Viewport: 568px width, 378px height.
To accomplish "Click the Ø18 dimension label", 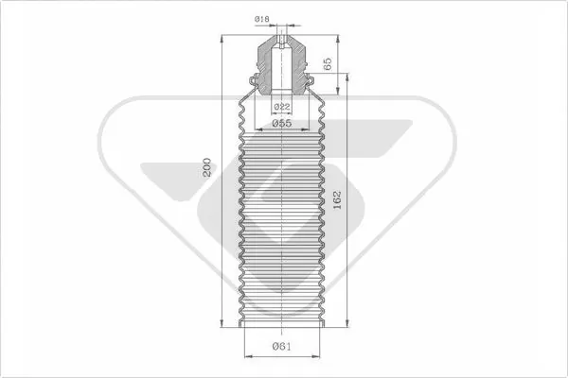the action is (x=261, y=19).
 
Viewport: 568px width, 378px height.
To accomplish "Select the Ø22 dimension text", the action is (x=282, y=107).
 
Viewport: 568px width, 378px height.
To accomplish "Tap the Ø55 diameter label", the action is (x=281, y=124).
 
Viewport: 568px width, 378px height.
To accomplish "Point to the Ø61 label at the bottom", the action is (x=281, y=347).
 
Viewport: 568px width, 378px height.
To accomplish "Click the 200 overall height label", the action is (x=206, y=167).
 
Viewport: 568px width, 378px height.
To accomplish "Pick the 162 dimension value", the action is (x=337, y=200).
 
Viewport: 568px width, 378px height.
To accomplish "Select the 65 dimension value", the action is (x=328, y=64).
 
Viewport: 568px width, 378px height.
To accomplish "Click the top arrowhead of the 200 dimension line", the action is (x=222, y=39).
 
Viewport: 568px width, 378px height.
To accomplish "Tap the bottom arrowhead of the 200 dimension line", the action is (x=222, y=322).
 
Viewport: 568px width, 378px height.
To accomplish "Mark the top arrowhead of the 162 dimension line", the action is (x=347, y=77).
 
